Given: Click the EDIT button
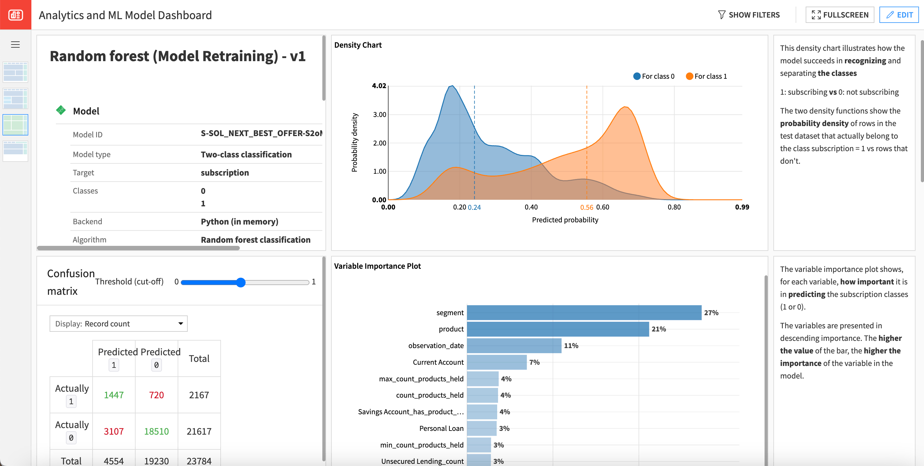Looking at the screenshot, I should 899,15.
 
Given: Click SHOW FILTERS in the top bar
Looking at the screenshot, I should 749,15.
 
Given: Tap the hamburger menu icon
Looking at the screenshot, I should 15,45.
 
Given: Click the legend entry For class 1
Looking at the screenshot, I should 706,76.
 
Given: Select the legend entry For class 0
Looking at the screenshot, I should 653,76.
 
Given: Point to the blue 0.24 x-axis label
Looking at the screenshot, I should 474,207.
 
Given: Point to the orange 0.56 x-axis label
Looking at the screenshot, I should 587,207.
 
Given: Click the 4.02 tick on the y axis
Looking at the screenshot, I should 379,86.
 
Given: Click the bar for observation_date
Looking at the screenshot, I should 514,346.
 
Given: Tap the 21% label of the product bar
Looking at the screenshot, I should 658,329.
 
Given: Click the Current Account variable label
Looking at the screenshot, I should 438,362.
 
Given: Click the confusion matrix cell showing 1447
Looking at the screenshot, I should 114,395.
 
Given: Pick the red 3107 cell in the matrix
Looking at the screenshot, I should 114,431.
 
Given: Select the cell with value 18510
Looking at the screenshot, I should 156,431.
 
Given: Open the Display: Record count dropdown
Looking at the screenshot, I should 118,324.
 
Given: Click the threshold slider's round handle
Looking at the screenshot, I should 241,283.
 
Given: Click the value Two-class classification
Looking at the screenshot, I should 246,155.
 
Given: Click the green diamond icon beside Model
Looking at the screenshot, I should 61,110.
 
